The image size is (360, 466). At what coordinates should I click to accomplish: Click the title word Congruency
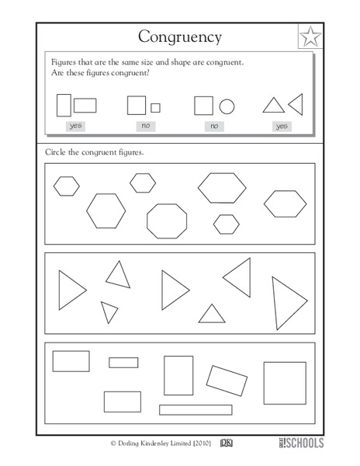[x=179, y=36]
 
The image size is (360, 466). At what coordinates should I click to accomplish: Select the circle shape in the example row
[x=227, y=106]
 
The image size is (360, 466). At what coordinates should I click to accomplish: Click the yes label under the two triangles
[x=282, y=126]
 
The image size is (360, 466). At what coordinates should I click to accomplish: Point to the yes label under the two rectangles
[x=75, y=126]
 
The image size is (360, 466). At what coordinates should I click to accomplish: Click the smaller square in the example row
[x=155, y=107]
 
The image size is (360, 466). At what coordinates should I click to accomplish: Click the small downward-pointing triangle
[x=109, y=311]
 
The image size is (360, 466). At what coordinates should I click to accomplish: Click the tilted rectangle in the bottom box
[x=227, y=380]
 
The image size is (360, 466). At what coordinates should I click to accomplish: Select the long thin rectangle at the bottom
[x=196, y=409]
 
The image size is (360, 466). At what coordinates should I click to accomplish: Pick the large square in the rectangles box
[x=285, y=383]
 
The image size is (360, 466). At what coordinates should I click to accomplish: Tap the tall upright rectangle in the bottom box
[x=178, y=375]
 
